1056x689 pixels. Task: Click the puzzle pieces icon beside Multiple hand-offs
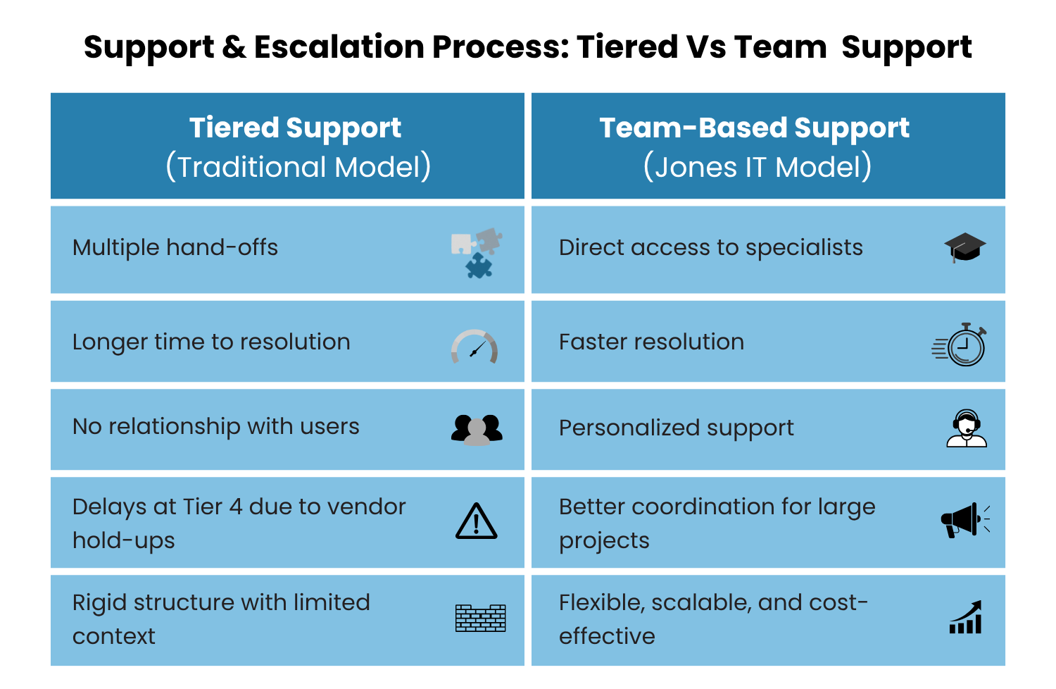pyautogui.click(x=477, y=252)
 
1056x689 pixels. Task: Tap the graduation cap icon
pyautogui.click(x=964, y=247)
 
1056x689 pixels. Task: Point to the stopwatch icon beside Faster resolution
pyautogui.click(x=961, y=344)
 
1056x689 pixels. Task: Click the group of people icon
pyautogui.click(x=477, y=429)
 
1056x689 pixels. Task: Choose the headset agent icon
pyautogui.click(x=967, y=428)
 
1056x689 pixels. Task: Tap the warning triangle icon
pyautogui.click(x=477, y=522)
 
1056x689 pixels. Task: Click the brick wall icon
pyautogui.click(x=480, y=618)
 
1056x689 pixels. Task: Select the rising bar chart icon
pyautogui.click(x=966, y=618)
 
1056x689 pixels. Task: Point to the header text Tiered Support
pyautogui.click(x=295, y=128)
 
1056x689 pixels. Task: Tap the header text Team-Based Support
pyautogui.click(x=754, y=128)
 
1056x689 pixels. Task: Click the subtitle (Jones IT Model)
pyautogui.click(x=758, y=167)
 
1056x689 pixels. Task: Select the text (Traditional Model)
pyautogui.click(x=298, y=167)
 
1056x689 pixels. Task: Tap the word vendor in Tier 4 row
pyautogui.click(x=367, y=507)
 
